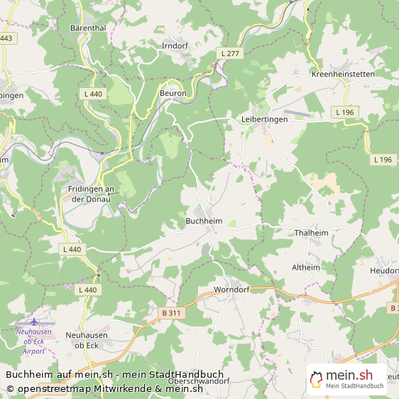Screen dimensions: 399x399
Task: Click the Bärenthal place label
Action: tap(88, 28)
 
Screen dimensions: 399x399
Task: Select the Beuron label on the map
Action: tap(173, 93)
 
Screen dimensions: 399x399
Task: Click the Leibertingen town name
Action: tap(264, 119)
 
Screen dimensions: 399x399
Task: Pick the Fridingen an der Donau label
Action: tap(91, 194)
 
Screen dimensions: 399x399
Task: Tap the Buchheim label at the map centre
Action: tap(203, 221)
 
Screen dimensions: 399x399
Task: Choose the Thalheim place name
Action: tap(311, 232)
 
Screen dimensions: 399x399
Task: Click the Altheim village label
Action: tap(306, 267)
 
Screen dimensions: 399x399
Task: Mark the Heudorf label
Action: tap(384, 270)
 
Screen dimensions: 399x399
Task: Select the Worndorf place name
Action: tap(232, 290)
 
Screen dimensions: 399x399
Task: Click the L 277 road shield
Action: tap(229, 53)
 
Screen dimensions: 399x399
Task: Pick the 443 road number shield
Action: tap(6, 38)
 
